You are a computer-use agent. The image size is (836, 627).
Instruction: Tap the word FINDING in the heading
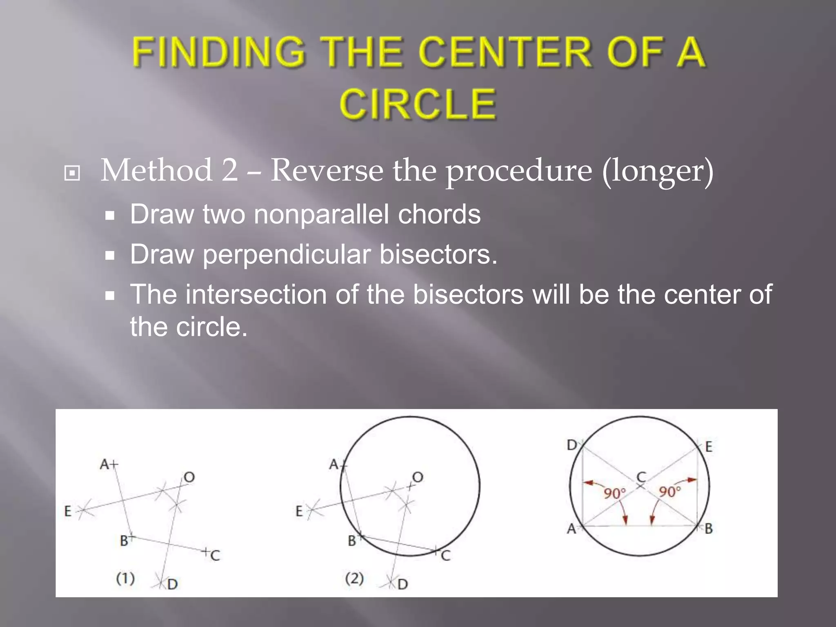tap(218, 52)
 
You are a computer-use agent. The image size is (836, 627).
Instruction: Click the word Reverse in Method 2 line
tap(327, 170)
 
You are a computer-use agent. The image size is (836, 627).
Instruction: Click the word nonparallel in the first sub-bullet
tap(321, 214)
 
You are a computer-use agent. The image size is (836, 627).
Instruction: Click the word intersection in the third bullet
tap(256, 294)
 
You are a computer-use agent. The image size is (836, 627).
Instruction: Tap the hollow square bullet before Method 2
tap(72, 173)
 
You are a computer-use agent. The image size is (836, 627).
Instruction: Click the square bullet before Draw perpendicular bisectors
tap(109, 256)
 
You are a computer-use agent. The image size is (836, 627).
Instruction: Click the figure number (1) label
tap(125, 578)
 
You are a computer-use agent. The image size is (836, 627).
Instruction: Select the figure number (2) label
tap(354, 578)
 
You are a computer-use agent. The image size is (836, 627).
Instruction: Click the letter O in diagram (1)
tap(189, 477)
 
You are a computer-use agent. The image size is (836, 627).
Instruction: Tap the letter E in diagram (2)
tap(299, 511)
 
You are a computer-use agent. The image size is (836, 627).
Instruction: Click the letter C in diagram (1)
tap(216, 555)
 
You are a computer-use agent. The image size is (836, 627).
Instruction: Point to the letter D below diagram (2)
tap(402, 584)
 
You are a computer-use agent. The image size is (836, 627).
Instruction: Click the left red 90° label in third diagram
tap(615, 494)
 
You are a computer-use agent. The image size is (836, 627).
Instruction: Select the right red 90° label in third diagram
tap(670, 491)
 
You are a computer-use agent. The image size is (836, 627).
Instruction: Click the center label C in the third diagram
tap(641, 476)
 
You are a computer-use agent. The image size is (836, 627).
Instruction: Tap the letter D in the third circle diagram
tap(572, 445)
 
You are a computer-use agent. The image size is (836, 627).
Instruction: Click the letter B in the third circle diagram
tap(709, 529)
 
